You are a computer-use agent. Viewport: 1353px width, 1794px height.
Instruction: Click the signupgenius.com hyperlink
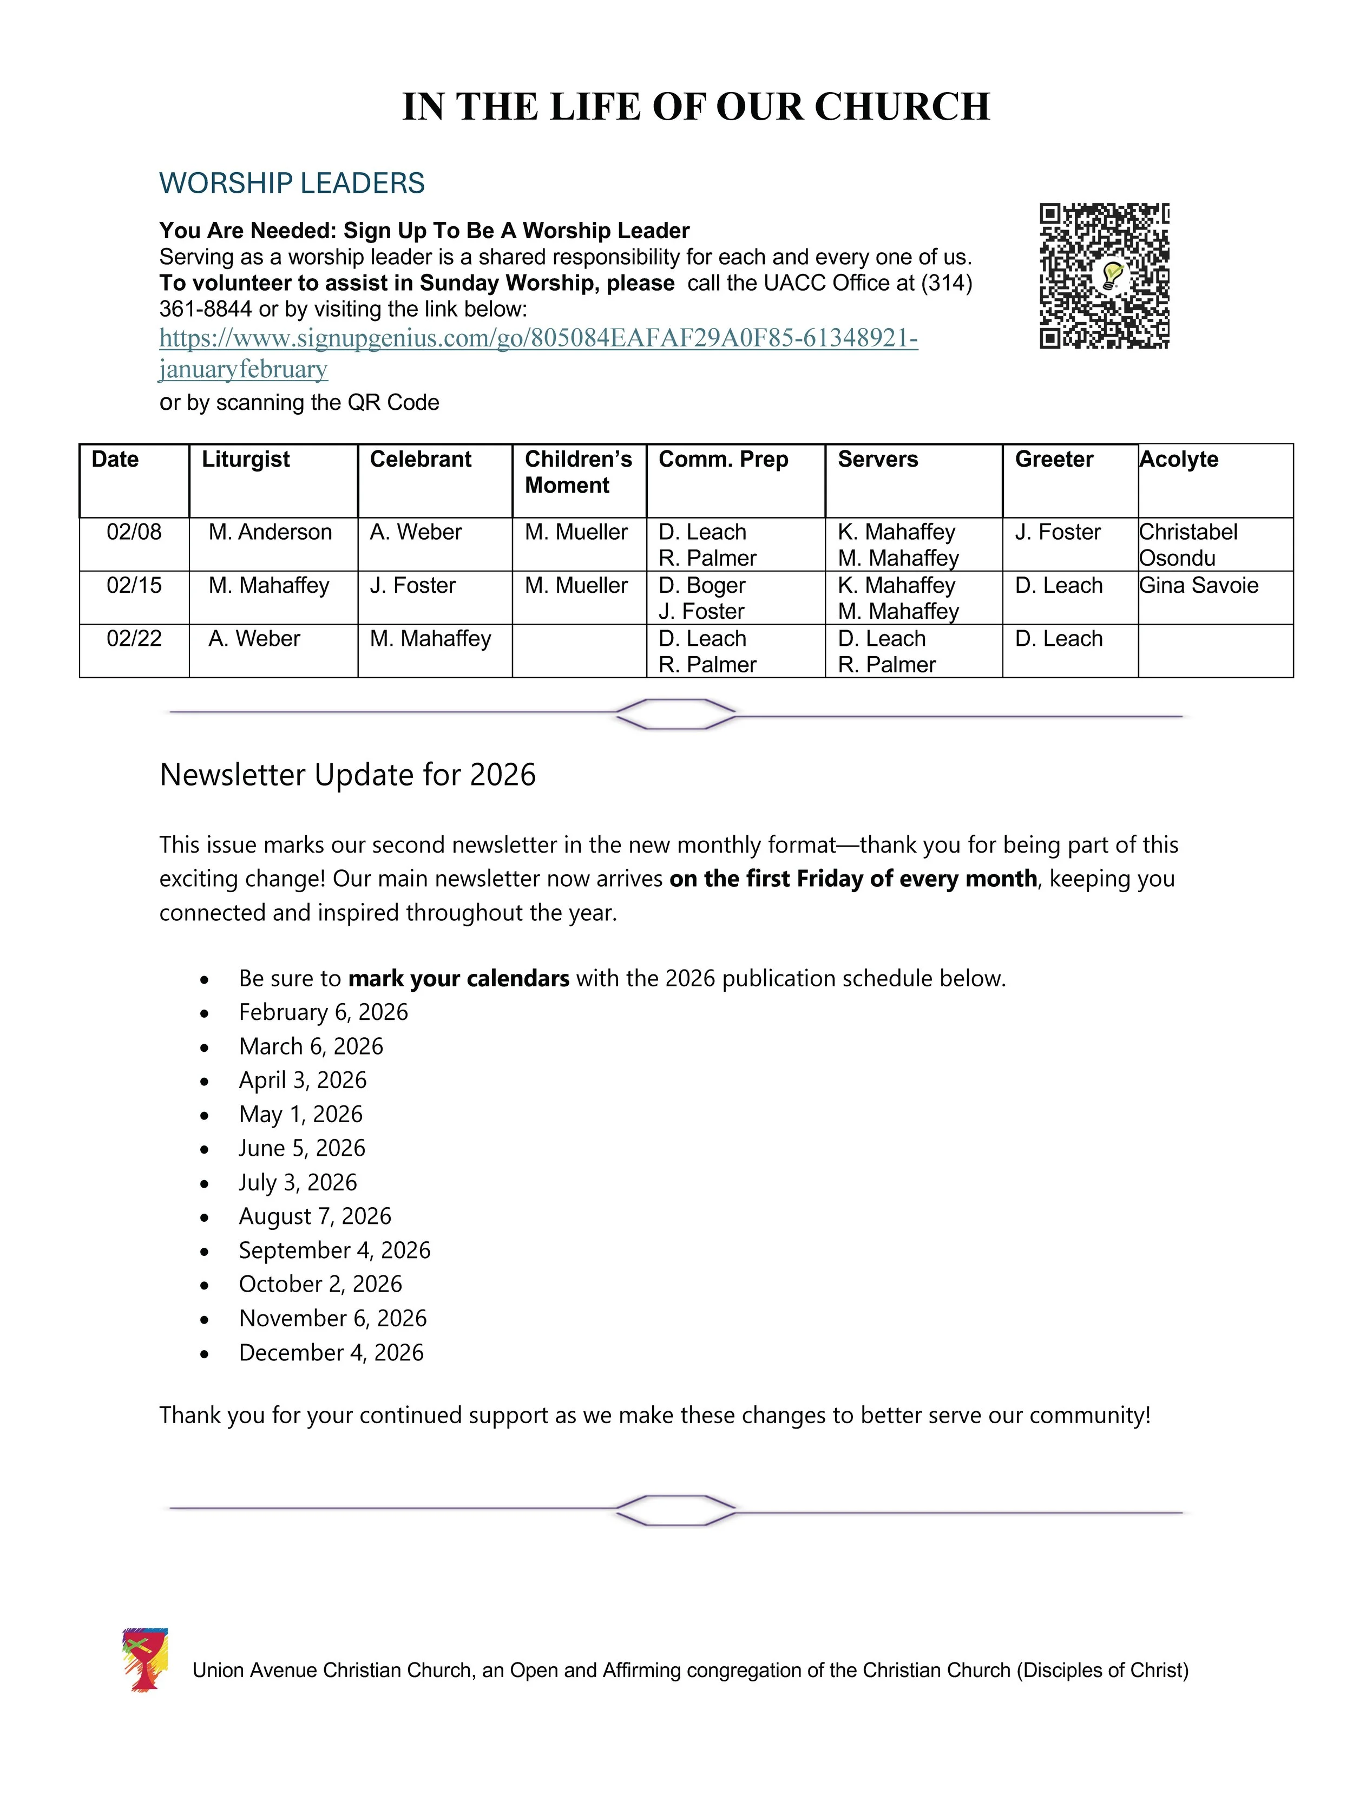click(x=538, y=337)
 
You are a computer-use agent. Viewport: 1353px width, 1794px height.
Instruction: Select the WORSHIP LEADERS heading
click(x=292, y=184)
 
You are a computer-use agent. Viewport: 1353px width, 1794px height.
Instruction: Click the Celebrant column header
click(x=420, y=459)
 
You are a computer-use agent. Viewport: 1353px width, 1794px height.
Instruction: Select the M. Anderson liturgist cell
click(x=270, y=532)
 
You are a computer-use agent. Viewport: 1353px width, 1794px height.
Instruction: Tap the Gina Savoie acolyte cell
click(x=1198, y=586)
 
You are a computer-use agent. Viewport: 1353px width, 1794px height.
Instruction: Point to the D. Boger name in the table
click(x=701, y=586)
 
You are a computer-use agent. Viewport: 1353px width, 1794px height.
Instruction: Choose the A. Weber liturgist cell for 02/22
click(x=254, y=639)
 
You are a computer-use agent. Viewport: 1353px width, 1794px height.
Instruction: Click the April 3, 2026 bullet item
click(x=303, y=1081)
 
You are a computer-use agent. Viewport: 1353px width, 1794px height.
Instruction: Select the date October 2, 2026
click(x=320, y=1284)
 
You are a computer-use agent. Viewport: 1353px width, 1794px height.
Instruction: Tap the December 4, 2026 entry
click(x=331, y=1352)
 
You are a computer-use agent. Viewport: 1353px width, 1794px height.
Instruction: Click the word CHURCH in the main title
click(x=902, y=107)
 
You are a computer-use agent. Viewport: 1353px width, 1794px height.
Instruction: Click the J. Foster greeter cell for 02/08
click(x=1057, y=532)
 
